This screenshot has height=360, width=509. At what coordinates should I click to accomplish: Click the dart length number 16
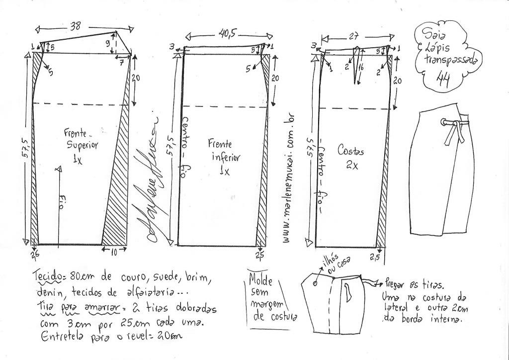tap(361, 65)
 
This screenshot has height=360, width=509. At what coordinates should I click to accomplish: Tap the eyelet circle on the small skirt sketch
tap(315, 284)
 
